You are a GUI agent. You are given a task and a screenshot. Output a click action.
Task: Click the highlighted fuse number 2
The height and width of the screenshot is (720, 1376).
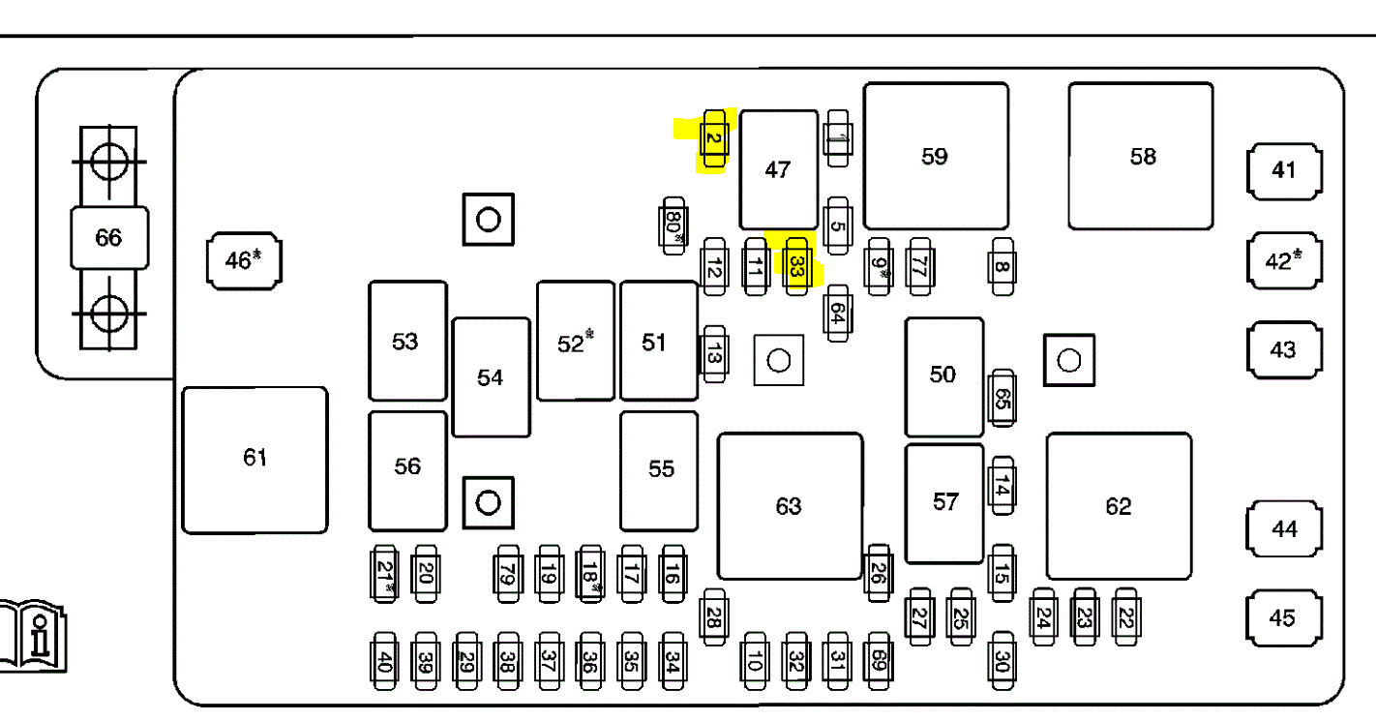pos(713,139)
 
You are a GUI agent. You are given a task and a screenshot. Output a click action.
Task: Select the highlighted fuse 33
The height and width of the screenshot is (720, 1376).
pos(796,266)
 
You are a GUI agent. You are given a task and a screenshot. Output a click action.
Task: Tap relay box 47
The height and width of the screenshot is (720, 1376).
pos(778,170)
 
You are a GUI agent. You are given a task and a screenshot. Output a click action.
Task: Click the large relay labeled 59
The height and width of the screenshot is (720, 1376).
pos(935,156)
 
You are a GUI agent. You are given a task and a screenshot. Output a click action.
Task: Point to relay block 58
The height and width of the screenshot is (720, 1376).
pos(1141,156)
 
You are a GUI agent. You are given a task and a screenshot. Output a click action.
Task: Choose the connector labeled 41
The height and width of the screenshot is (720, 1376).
pos(1283,170)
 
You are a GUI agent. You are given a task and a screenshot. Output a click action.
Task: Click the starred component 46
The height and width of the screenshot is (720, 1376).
pos(244,260)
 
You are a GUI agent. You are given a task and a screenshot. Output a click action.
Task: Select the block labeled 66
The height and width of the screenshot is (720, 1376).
pos(108,237)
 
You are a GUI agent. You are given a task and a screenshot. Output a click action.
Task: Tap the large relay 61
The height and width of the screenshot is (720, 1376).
pos(254,459)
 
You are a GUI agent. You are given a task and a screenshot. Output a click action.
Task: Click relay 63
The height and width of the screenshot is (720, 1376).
pos(789,506)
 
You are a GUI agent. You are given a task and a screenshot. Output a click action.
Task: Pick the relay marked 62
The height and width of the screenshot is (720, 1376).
pos(1118,506)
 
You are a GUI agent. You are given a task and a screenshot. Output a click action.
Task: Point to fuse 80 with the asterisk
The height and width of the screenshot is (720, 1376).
pos(674,225)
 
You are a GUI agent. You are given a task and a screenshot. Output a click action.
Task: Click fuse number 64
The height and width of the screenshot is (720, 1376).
pos(838,313)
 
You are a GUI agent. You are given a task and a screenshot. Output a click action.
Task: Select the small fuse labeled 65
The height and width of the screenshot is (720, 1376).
pos(1002,398)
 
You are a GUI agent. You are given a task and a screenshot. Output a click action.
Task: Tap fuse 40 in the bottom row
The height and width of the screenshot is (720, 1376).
pos(385,661)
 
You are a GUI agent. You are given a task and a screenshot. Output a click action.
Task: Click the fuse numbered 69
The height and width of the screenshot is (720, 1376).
pos(878,661)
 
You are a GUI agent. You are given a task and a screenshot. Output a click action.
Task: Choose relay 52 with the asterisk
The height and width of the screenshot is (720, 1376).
pos(575,342)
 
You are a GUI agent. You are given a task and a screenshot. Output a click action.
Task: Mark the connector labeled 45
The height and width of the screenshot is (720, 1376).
pos(1283,617)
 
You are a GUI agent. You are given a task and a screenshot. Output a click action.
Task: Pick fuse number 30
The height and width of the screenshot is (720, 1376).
pos(1002,661)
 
